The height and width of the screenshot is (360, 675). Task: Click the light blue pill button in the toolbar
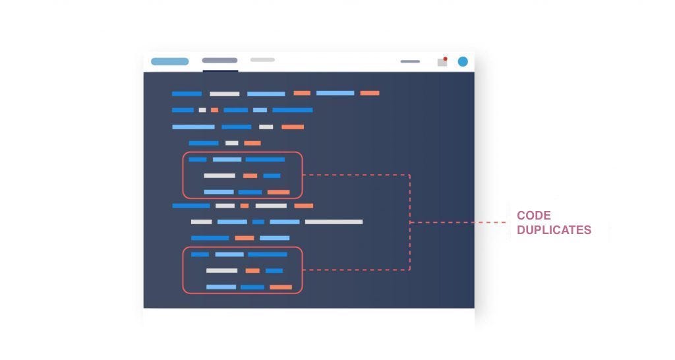coord(169,61)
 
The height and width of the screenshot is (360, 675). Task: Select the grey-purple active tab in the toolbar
coord(220,61)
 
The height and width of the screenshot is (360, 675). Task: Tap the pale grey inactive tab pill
coord(262,60)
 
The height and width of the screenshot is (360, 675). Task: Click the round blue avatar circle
coord(463,61)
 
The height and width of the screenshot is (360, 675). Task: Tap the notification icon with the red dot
coord(442,62)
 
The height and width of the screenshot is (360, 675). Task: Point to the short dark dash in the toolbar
coord(410,61)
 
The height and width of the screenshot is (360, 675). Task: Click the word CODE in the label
coord(533,216)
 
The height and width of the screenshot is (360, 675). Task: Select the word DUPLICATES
coord(554,230)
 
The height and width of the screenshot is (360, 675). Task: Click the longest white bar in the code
coord(334,222)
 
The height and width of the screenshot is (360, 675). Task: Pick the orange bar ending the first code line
coord(369,93)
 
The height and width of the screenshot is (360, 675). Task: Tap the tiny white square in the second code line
coord(202,110)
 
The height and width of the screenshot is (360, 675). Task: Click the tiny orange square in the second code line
coord(214,110)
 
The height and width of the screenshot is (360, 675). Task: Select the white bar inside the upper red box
coord(220,175)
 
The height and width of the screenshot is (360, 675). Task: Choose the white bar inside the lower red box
coord(221,270)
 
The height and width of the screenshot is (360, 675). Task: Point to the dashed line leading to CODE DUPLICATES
coord(461,222)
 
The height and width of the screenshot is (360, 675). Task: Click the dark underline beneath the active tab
coord(220,70)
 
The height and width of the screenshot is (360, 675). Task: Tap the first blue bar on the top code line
coord(187,94)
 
